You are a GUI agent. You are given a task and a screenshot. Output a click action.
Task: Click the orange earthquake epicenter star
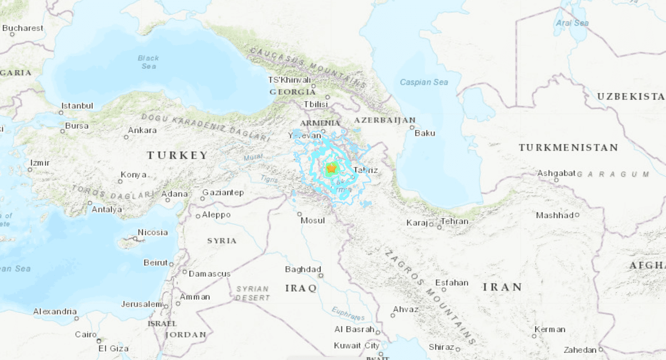pos(331,168)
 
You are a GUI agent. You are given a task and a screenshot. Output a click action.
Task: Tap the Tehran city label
pos(455,221)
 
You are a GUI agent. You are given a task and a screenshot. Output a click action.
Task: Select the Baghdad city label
pos(303,270)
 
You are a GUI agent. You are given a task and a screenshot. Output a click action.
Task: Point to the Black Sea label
pos(148,62)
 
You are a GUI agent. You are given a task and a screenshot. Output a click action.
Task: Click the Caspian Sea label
pos(424,82)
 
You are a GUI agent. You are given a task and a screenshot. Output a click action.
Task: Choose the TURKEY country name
pos(178,155)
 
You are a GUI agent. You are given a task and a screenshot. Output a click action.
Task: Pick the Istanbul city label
pos(77,105)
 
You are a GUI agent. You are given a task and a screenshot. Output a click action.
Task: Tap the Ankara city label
pos(142,130)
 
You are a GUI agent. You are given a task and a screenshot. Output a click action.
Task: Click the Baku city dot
pos(411,127)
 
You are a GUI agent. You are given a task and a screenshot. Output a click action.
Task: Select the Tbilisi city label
pos(316,104)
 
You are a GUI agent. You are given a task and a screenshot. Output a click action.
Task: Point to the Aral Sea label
pos(572,23)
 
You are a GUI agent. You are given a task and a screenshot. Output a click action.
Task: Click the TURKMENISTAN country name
pos(568,148)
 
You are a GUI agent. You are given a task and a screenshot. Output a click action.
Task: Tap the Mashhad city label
pos(554,215)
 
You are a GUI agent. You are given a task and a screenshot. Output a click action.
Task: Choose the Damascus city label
pos(209,273)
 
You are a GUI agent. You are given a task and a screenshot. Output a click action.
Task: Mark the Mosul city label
pos(312,220)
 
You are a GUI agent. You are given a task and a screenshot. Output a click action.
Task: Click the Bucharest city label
pos(23,28)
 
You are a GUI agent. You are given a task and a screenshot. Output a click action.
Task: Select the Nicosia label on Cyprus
pos(153,232)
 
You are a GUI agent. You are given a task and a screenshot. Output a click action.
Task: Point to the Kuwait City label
pos(356,346)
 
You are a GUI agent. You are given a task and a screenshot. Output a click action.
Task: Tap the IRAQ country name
pos(301,288)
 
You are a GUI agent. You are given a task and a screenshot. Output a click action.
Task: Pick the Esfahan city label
pos(452,282)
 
